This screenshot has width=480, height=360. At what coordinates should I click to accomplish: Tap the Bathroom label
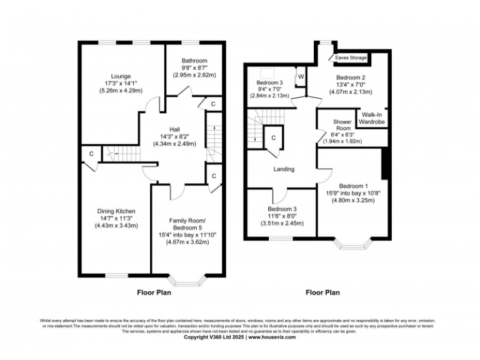194,61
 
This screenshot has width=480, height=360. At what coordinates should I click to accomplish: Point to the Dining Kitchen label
116,211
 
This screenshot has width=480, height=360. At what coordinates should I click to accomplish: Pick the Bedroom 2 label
351,77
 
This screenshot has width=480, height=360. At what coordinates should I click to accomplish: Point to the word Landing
284,169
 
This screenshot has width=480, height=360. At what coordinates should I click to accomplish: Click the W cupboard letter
301,76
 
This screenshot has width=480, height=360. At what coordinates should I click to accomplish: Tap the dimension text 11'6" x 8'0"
282,216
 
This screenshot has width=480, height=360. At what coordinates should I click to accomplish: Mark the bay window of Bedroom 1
352,242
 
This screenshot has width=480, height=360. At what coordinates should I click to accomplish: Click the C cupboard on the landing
273,137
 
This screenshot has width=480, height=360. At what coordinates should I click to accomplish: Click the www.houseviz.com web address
277,337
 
